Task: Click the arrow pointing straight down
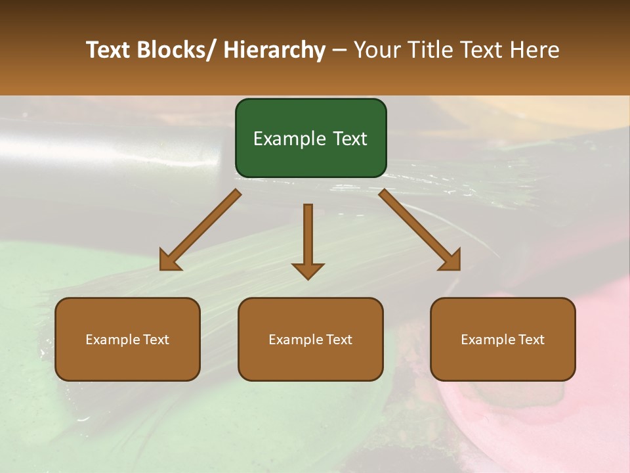tap(308, 240)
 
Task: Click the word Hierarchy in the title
tap(274, 51)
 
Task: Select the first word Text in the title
tap(108, 51)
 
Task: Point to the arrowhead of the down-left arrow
tap(169, 261)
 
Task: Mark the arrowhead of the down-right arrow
tap(451, 261)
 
